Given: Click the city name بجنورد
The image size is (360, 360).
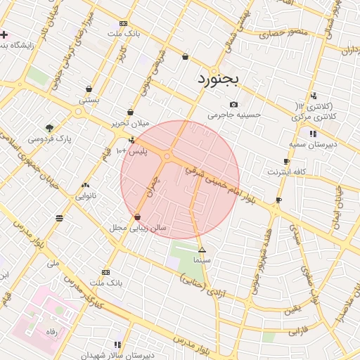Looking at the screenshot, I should tap(218, 77).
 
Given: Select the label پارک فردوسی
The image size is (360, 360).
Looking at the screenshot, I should tap(50, 139).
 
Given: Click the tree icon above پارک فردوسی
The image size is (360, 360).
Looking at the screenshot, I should tap(49, 127).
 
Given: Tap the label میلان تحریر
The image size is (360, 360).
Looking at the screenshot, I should tap(131, 123).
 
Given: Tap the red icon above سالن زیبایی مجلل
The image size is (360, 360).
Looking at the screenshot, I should tap(136, 217).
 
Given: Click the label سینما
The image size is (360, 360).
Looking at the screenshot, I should tap(202, 260).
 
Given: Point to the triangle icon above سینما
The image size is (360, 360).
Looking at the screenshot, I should tap(202, 250).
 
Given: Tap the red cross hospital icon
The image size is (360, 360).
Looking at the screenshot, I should tap(4, 34).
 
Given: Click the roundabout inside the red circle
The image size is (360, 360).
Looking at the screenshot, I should tap(167, 156).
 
